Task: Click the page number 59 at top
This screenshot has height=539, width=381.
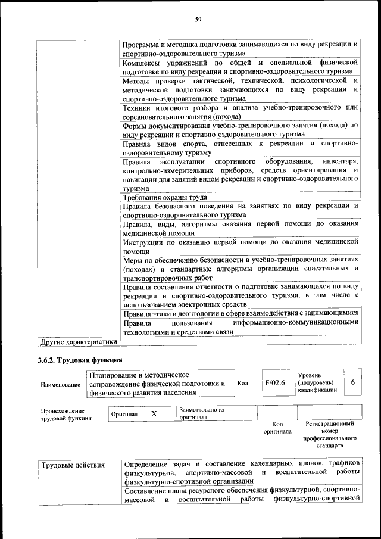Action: pos(199,20)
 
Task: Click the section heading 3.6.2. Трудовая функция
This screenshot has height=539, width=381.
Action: pos(80,360)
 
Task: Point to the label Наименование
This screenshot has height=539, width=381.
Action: pos(61,385)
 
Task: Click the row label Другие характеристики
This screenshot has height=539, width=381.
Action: pos(77,342)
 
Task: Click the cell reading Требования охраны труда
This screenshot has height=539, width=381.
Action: pos(165,197)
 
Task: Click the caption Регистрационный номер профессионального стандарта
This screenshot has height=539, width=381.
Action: pos(329,434)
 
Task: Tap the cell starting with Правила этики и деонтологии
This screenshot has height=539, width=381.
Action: pos(241,313)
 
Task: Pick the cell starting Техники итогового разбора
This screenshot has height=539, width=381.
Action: pos(241,112)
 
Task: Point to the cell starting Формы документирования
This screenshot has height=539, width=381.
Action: pos(241,130)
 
